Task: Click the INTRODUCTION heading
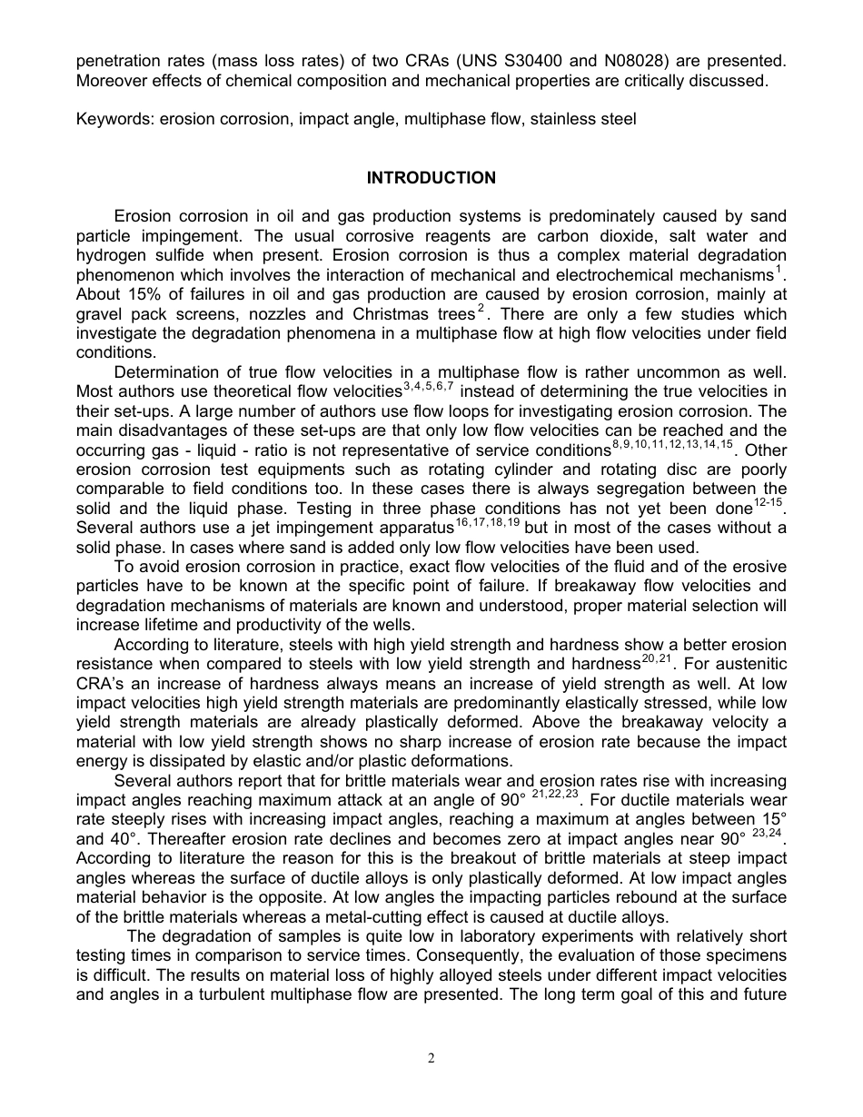431,178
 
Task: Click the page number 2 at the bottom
431,1057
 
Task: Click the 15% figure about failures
136,294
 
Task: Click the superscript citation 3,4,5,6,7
428,387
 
